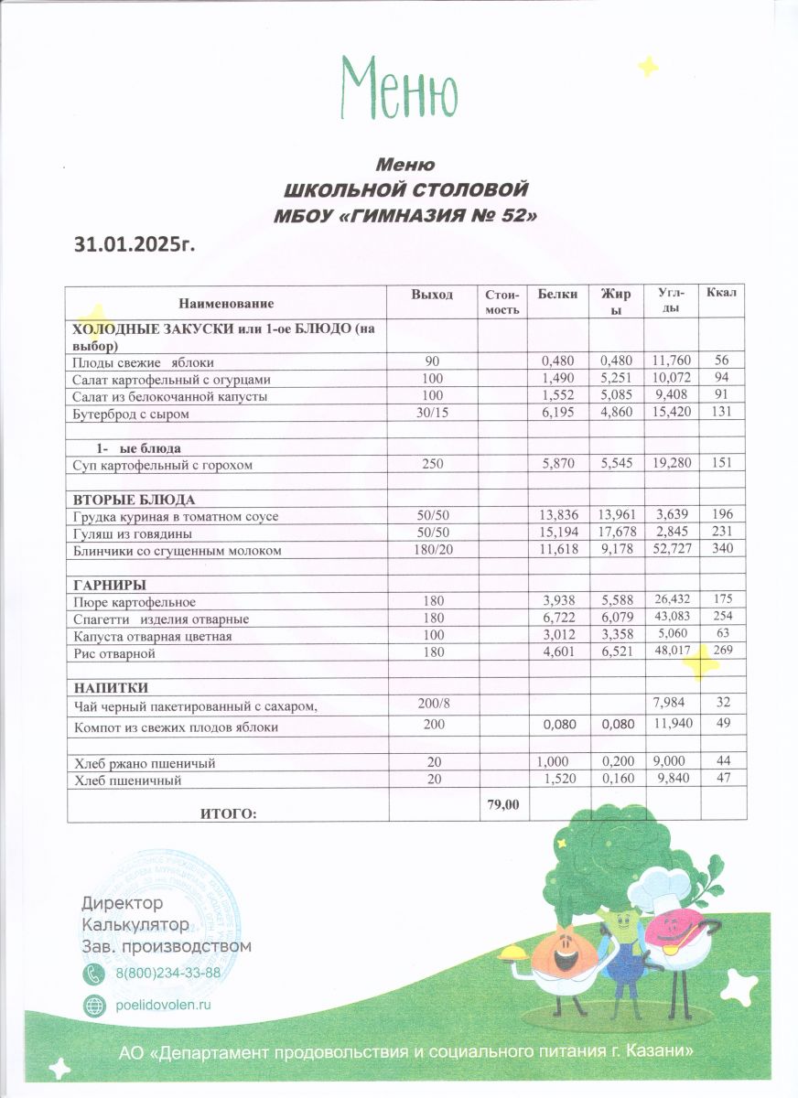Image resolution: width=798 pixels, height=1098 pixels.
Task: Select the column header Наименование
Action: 226,302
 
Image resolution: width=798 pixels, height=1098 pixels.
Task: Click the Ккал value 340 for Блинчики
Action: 722,550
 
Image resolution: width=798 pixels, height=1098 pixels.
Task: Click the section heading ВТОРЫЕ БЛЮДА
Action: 133,500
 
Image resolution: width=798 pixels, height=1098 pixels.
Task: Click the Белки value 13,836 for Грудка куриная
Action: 558,517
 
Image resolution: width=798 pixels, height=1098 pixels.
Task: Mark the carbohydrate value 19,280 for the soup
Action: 672,465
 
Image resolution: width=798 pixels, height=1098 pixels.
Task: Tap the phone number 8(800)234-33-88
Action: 167,972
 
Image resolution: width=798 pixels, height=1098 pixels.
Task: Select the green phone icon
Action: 94,973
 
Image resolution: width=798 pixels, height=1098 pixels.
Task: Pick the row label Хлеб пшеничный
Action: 126,780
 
